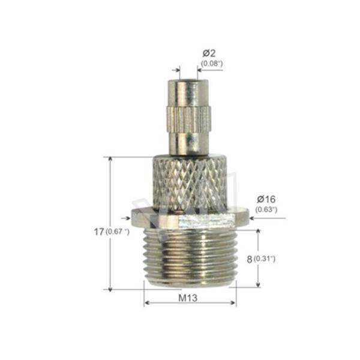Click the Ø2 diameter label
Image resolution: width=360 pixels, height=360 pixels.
[209, 52]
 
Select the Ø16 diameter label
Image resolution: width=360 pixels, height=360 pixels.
[266, 199]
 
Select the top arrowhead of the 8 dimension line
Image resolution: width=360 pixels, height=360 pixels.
[258, 233]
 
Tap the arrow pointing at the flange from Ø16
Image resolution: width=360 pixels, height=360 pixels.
[252, 218]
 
